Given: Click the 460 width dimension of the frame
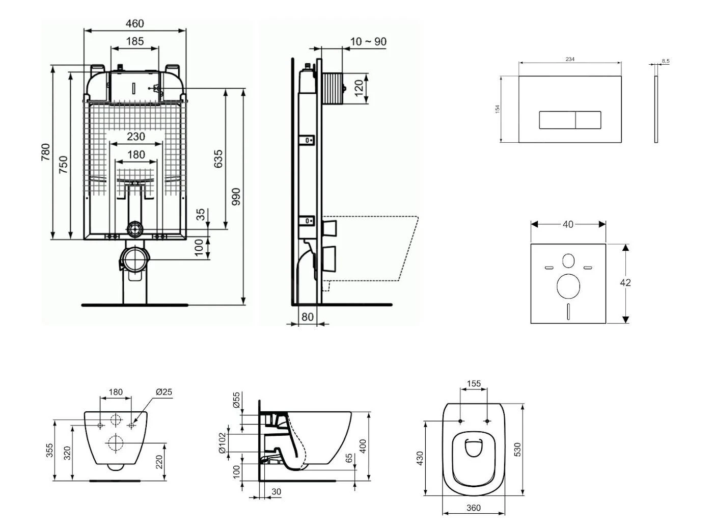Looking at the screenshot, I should click(x=134, y=23).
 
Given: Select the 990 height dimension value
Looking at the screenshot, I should click(x=235, y=197).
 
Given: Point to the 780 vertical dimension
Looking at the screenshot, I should click(x=45, y=152).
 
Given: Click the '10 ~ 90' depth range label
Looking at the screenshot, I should click(x=368, y=41).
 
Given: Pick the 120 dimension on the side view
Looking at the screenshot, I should click(x=359, y=88).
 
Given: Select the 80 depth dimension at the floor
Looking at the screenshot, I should click(x=307, y=317).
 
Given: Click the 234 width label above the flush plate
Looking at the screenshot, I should click(x=570, y=59).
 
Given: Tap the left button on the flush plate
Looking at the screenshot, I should click(x=557, y=120).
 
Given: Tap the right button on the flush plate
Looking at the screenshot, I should click(x=588, y=120).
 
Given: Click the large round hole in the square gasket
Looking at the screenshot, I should click(x=568, y=286).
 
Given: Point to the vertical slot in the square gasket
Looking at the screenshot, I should click(x=568, y=311).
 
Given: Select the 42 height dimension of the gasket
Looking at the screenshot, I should click(x=625, y=282).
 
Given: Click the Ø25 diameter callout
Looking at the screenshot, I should click(x=163, y=392).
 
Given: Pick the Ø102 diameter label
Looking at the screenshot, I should click(x=222, y=443).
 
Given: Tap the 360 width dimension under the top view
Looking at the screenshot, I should click(x=473, y=508).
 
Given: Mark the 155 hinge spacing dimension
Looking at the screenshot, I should click(x=474, y=384).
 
